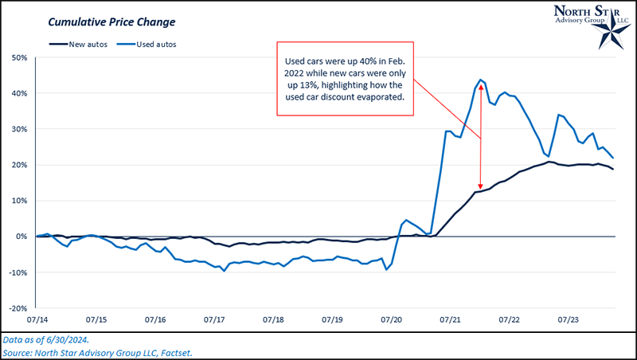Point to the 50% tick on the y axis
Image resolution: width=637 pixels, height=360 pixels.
coord(20,57)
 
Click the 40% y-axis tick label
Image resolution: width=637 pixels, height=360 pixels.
coord(20,93)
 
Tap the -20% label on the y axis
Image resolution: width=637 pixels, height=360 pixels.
coord(18,308)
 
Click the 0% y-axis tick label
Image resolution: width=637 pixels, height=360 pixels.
coord(22,237)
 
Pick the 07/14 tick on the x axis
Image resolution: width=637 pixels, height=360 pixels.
coord(37,319)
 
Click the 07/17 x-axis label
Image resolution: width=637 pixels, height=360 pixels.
coord(214,319)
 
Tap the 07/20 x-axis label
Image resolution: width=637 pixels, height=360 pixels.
coord(392,319)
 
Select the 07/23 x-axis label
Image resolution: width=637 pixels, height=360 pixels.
coord(569,319)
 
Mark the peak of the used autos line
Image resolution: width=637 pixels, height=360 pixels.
coord(481,80)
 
